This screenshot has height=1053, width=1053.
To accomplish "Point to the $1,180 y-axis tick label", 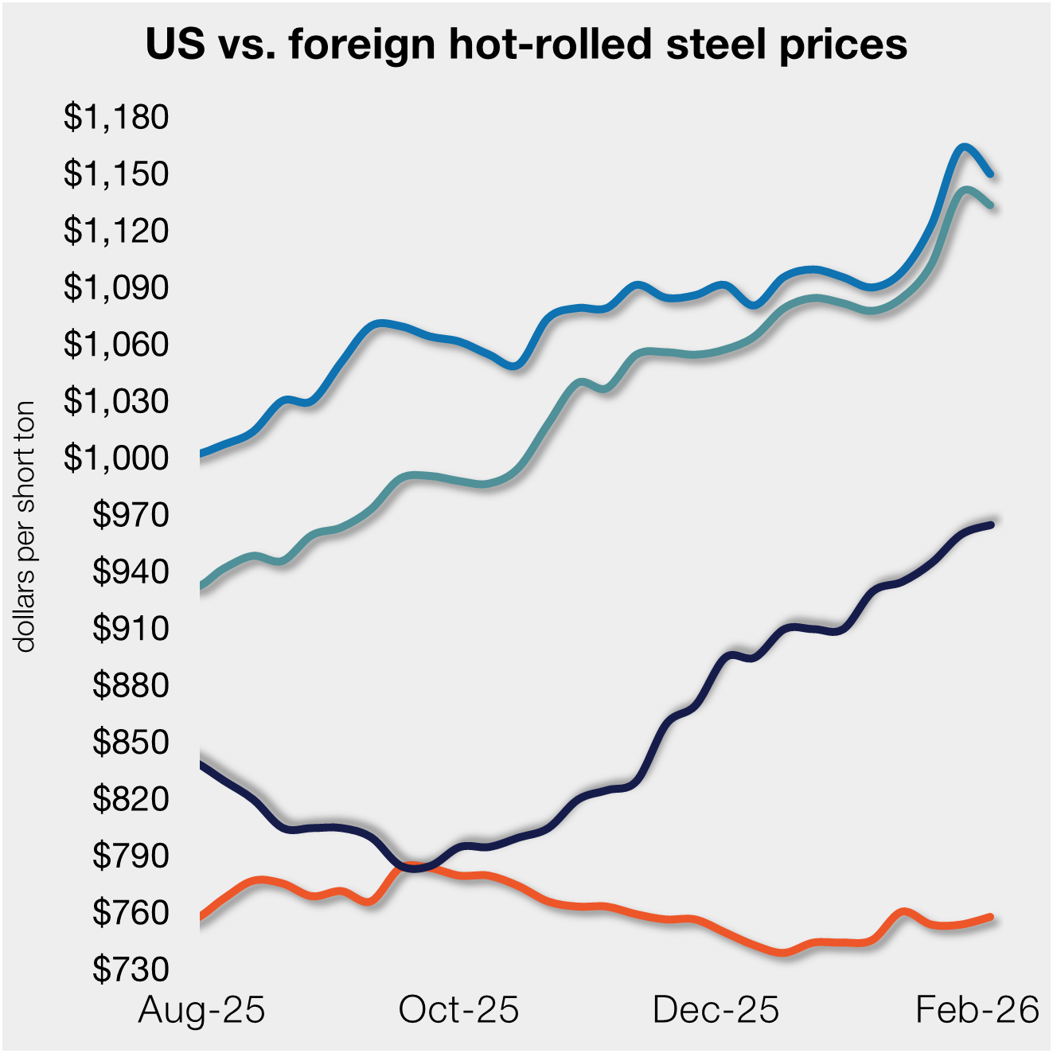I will [x=116, y=117].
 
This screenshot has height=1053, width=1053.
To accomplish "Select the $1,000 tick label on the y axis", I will [x=116, y=458].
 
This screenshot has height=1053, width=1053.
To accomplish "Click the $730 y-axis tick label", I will [x=131, y=969].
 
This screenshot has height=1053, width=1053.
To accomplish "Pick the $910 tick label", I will [x=131, y=628].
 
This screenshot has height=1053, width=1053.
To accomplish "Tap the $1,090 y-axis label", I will [x=116, y=287].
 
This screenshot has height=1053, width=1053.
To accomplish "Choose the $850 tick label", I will [x=131, y=742].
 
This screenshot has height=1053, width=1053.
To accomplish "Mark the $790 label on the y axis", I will [x=131, y=856].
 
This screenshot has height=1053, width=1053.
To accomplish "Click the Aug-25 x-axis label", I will [x=201, y=1010].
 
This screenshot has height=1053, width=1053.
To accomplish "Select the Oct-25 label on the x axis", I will [x=458, y=1010].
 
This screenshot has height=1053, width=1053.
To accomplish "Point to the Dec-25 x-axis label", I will [x=716, y=1010].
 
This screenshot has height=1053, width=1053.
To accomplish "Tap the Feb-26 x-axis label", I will [x=977, y=1010].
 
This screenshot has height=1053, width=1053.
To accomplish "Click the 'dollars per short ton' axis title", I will [x=25, y=526].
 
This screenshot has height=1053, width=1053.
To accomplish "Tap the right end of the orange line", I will [x=991, y=917].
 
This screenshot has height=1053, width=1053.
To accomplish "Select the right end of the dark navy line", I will [x=991, y=525].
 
